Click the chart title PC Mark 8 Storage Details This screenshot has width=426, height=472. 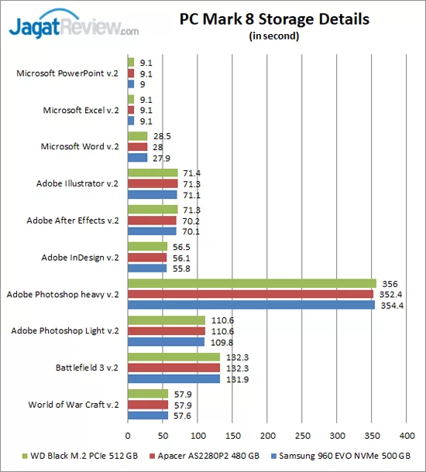pos(274,19)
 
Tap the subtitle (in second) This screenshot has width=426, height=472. pos(274,36)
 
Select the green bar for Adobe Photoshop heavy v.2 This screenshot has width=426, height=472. pos(252,283)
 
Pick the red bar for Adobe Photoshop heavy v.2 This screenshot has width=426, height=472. pos(250,294)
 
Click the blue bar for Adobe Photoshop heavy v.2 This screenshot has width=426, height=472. pos(251,305)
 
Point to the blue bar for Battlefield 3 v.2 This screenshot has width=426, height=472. pos(173,379)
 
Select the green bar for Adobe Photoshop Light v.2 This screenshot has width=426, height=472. pos(167,320)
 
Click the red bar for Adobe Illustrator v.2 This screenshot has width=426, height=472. pos(153,183)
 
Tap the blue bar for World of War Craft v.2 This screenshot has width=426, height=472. pos(148,416)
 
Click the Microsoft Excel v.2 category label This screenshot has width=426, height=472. pos(81,110)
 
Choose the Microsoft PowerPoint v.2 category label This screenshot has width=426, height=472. pos(67,74)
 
